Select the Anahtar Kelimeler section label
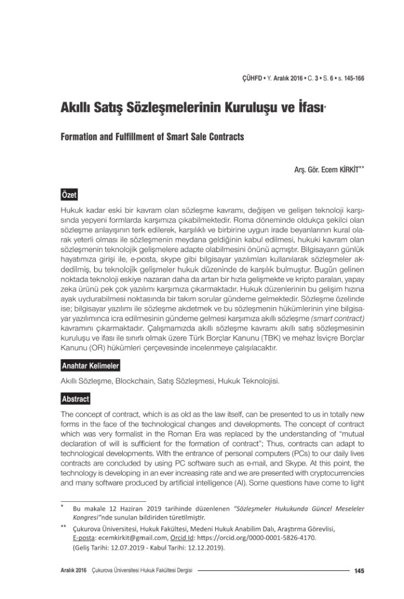90,366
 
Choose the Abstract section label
75,399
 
